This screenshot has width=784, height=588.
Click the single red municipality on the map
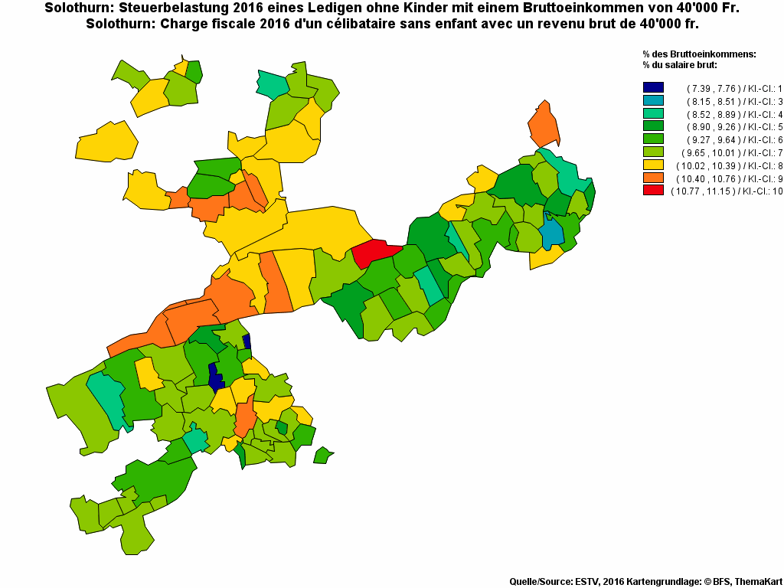(x=375, y=252)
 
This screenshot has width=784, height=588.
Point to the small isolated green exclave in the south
(x=323, y=456)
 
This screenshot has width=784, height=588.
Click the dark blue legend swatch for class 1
(x=653, y=88)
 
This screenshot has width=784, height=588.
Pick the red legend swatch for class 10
(x=653, y=190)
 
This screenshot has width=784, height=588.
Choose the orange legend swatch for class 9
(x=653, y=178)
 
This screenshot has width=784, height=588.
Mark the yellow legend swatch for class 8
(x=653, y=165)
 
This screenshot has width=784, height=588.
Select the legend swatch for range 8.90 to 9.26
(x=653, y=126)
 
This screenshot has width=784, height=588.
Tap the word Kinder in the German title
(x=423, y=8)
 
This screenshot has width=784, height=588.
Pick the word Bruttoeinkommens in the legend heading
(x=713, y=54)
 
